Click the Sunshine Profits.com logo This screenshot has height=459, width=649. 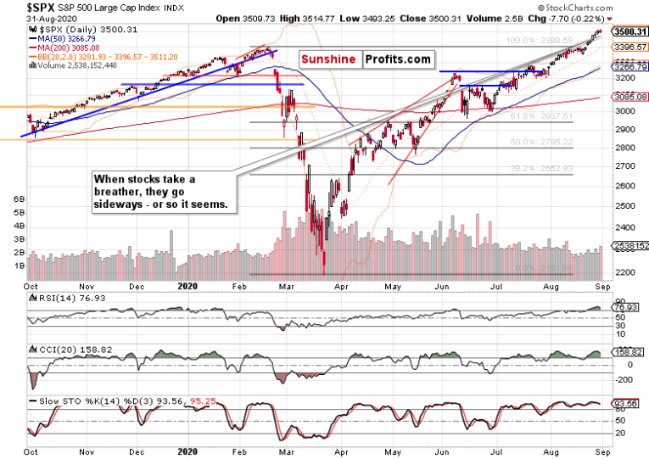point(363,59)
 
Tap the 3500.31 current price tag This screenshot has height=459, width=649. point(627,31)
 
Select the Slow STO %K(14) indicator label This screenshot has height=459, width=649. point(76,400)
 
